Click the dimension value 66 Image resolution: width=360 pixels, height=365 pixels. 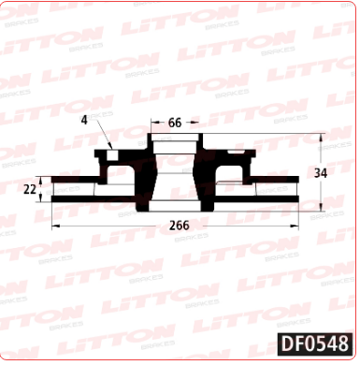pyautogui.click(x=174, y=123)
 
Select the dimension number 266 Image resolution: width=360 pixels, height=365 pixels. pyautogui.click(x=180, y=226)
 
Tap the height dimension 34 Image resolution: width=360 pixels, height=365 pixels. pyautogui.click(x=321, y=173)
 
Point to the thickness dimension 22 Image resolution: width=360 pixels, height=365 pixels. pyautogui.click(x=29, y=189)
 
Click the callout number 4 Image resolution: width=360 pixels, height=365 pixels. pyautogui.click(x=84, y=119)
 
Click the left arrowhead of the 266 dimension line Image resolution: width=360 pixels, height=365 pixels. pyautogui.click(x=53, y=226)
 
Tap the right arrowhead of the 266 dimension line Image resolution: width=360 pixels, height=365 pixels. pyautogui.click(x=298, y=226)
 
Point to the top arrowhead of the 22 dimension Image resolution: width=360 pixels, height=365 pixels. pyautogui.click(x=43, y=178)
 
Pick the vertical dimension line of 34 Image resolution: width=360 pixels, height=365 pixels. pyautogui.click(x=322, y=154)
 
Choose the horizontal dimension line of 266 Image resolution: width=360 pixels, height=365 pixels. pyautogui.click(x=112, y=226)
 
